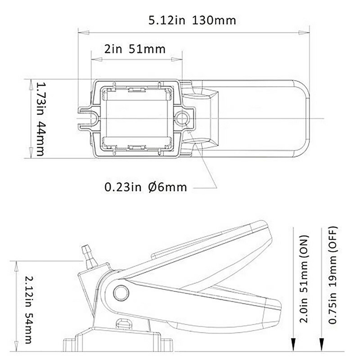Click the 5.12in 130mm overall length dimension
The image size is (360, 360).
(192, 20)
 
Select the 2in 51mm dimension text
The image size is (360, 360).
(135, 49)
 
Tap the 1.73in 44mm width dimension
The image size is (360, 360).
(41, 119)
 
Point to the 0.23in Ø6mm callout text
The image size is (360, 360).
(146, 187)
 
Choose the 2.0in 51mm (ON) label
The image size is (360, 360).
(303, 279)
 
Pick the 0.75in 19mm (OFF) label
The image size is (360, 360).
(333, 275)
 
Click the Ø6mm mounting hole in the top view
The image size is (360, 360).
(182, 119)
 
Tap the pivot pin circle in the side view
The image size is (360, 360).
(121, 293)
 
